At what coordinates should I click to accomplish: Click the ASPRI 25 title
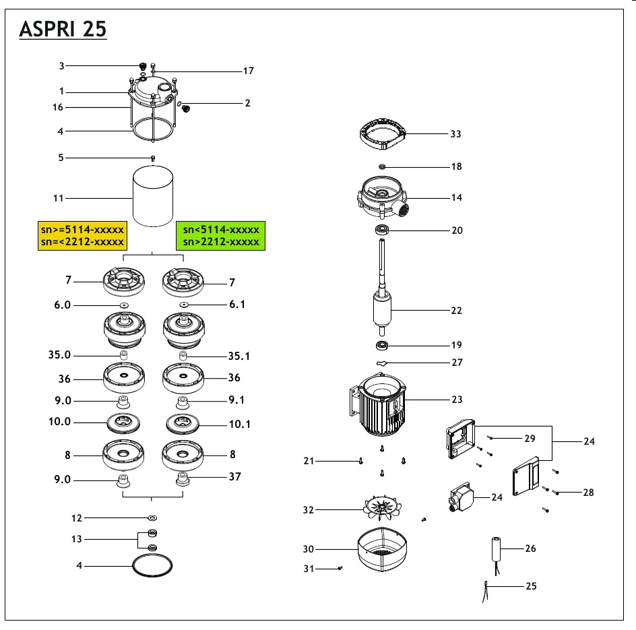[x=63, y=29]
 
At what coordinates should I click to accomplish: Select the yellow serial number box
[x=82, y=236]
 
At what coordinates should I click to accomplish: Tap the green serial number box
[x=220, y=236]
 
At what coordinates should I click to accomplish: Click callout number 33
[x=456, y=134]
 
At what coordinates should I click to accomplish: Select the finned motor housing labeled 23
[x=381, y=408]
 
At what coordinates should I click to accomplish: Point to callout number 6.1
[x=237, y=305]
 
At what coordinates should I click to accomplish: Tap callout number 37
[x=234, y=477]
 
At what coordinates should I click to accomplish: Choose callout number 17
[x=248, y=71]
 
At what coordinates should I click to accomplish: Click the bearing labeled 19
[x=384, y=346]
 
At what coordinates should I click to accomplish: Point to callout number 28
[x=588, y=493]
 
